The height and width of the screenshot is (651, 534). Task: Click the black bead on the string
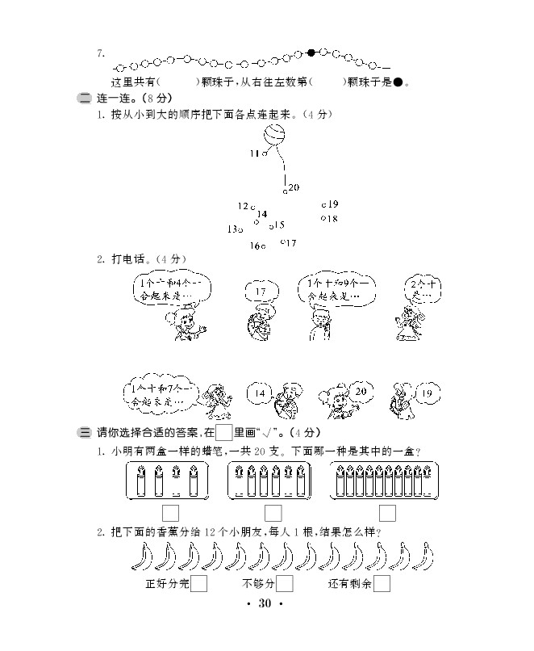[x=311, y=53]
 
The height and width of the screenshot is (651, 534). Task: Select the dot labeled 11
[x=265, y=153]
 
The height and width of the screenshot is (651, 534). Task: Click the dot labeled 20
[x=285, y=191]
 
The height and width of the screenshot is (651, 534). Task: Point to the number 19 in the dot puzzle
[x=333, y=204]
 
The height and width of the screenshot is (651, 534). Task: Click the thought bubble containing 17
[x=260, y=292]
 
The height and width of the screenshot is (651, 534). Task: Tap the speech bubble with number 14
[x=260, y=394]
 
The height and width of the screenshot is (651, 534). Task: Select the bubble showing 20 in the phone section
[x=361, y=392]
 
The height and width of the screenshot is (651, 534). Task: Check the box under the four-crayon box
[x=170, y=512]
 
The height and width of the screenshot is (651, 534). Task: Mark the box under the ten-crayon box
[x=387, y=512]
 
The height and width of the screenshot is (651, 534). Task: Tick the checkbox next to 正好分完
[x=199, y=583]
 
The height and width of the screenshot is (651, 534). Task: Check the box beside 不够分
[x=285, y=583]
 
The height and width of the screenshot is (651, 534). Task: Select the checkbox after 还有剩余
[x=382, y=583]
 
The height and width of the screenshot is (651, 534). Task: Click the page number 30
[x=267, y=605]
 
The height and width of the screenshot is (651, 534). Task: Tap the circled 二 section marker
[x=84, y=99]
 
